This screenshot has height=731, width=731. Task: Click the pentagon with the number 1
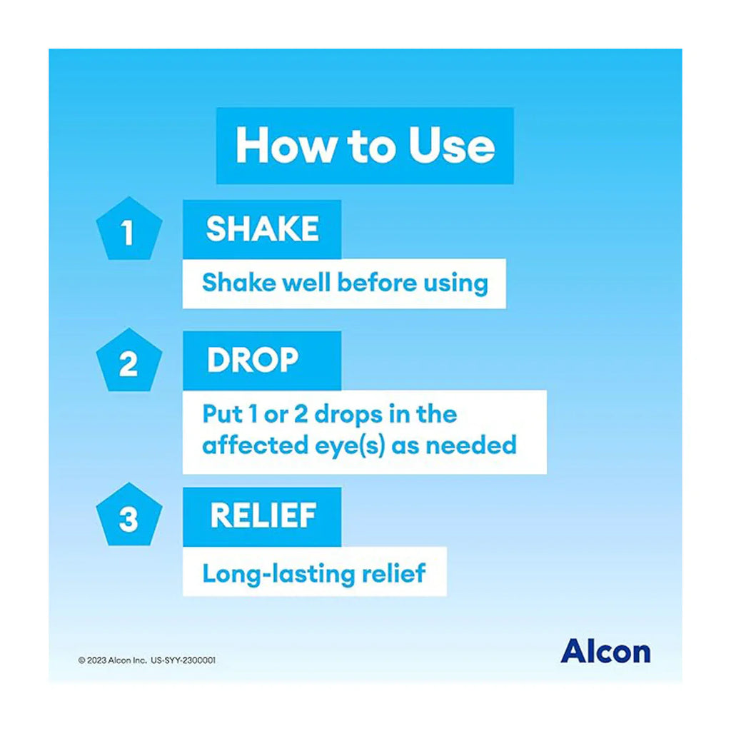pyautogui.click(x=129, y=229)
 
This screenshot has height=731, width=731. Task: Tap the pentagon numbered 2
pyautogui.click(x=129, y=361)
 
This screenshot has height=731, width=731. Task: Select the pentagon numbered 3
pyautogui.click(x=129, y=515)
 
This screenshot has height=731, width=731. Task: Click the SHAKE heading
pyautogui.click(x=262, y=228)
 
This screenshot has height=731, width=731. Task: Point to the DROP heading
pyautogui.click(x=252, y=360)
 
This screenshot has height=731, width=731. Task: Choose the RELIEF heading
pyautogui.click(x=263, y=515)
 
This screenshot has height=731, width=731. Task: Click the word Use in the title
pyautogui.click(x=451, y=145)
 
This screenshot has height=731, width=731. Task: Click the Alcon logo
pyautogui.click(x=605, y=651)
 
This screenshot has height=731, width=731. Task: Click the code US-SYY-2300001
pyautogui.click(x=183, y=660)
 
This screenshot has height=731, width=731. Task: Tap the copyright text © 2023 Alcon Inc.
pyautogui.click(x=112, y=660)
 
